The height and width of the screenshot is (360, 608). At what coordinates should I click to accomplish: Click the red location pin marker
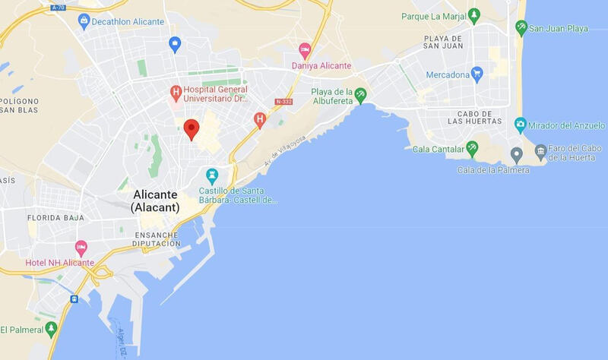click(x=192, y=128)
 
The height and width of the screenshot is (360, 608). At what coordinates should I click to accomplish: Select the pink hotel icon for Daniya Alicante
click(x=305, y=51)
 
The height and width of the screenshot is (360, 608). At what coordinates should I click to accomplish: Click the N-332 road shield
click(x=284, y=101)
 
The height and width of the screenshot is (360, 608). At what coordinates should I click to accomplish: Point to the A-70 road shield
click(x=59, y=8)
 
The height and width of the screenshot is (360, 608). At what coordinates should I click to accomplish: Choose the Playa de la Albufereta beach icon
click(x=360, y=95)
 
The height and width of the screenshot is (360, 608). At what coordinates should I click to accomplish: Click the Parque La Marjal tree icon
click(x=474, y=14)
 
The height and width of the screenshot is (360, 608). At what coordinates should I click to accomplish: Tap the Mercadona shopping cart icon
click(x=477, y=74)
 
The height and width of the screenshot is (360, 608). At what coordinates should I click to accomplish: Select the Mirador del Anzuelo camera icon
click(x=521, y=124)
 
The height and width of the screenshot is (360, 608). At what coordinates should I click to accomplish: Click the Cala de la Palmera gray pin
click(x=517, y=155)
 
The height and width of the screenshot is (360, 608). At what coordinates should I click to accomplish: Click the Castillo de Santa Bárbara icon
click(x=213, y=175)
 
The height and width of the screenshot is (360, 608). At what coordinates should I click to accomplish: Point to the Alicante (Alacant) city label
click(x=155, y=201)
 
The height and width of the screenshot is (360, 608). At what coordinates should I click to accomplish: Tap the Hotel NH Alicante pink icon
click(x=81, y=248)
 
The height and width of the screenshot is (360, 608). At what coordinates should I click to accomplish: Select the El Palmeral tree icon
click(x=51, y=329)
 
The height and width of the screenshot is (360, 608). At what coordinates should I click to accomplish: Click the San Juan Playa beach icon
click(x=521, y=28)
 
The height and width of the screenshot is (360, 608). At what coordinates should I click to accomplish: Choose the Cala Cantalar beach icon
click(x=472, y=147)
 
